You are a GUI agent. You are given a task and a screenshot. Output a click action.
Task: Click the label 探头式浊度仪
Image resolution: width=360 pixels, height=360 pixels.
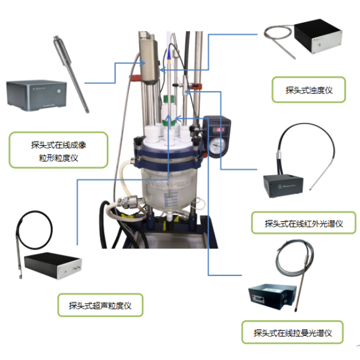309,90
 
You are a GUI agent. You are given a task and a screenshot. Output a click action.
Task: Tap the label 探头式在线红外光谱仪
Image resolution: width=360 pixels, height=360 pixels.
304,223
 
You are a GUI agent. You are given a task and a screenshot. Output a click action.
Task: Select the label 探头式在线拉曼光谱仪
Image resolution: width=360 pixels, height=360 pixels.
293,333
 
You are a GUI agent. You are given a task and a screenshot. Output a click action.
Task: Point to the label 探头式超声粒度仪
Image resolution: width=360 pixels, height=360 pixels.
100,305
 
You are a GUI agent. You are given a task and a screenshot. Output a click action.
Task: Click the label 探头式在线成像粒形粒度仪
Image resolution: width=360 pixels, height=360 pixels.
59,151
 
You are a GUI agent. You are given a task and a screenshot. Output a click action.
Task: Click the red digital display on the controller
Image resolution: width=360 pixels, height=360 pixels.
218,130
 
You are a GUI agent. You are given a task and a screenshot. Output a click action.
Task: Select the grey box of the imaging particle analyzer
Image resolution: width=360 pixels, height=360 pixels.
37,95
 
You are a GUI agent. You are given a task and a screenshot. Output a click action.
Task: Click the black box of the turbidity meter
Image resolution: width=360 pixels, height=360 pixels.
319,36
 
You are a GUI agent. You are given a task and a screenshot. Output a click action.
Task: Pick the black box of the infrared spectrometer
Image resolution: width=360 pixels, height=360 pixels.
283,186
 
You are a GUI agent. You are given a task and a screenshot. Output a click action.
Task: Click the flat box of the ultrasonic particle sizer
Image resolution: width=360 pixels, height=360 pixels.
53,265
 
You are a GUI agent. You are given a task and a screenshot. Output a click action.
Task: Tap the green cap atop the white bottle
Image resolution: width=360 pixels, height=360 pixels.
169,100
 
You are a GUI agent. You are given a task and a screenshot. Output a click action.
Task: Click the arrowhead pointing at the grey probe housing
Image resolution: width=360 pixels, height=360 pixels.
143,63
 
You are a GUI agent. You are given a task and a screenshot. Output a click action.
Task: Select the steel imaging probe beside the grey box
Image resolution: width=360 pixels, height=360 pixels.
71,74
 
